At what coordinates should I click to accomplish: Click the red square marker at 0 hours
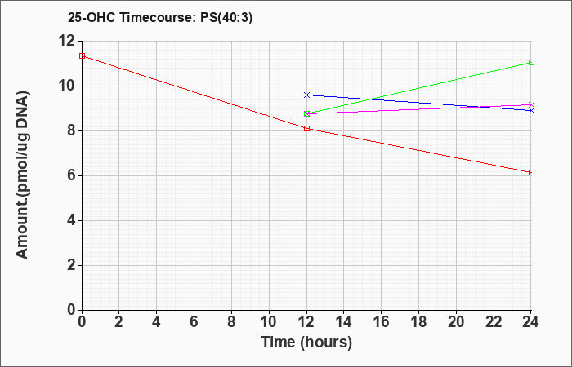click(x=82, y=55)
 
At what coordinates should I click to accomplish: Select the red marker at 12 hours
click(x=306, y=129)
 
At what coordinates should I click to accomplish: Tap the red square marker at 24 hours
click(x=531, y=172)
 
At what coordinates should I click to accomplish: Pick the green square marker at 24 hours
click(x=531, y=62)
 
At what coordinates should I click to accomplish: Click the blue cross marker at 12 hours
click(x=306, y=95)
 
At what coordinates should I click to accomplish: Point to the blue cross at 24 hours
click(x=531, y=110)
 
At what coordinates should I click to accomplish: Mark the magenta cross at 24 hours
click(x=531, y=104)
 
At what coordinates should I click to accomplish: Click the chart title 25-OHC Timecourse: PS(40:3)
click(x=160, y=18)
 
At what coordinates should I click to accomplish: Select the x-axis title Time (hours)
click(x=306, y=343)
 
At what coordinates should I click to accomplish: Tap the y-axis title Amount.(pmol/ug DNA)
click(x=23, y=175)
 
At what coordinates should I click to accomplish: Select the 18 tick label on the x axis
click(x=418, y=321)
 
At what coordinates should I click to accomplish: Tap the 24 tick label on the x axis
click(x=531, y=321)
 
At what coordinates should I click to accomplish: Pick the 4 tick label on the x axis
click(x=157, y=321)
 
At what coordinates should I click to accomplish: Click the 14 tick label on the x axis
click(x=344, y=321)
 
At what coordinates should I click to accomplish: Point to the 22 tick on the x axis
click(x=494, y=321)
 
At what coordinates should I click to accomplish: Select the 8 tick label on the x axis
click(x=231, y=321)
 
